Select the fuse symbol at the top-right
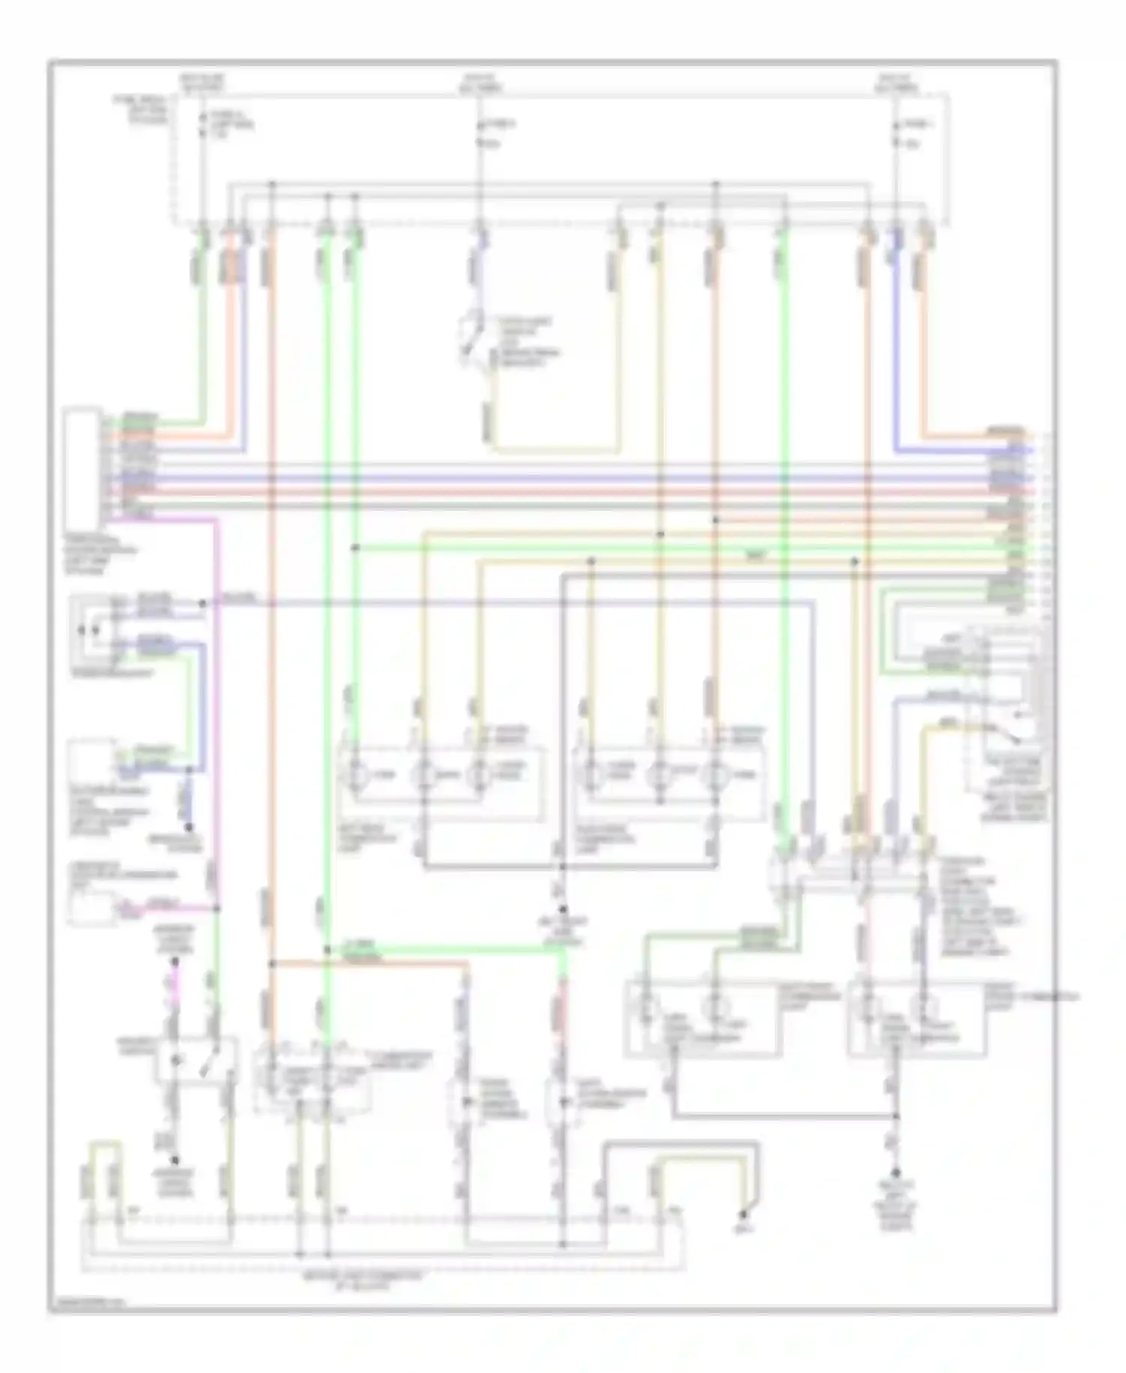(895, 133)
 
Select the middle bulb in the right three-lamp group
(660, 773)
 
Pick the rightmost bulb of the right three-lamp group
(711, 773)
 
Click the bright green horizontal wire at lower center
(443, 949)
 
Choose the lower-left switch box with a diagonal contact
(195, 1060)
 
